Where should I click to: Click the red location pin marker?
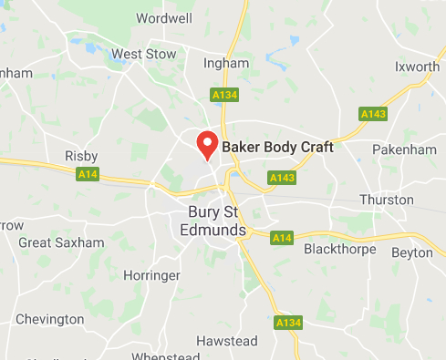207,145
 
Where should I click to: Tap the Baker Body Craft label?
278,146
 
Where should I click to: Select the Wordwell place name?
163,18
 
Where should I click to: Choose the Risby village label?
81,157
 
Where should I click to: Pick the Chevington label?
49,320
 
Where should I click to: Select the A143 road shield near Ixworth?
372,114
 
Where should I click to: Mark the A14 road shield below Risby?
88,174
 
